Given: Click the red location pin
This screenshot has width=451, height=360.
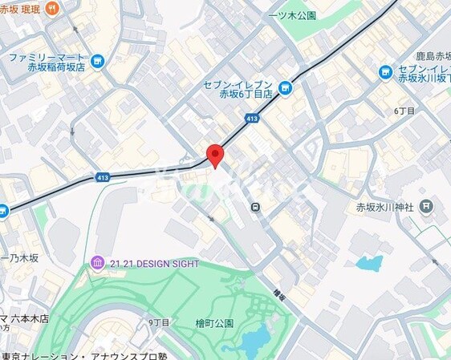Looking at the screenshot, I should point(214,155).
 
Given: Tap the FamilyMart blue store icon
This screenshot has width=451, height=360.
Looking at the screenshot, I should point(97,62).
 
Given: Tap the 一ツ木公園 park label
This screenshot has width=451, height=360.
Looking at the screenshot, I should point(294,15).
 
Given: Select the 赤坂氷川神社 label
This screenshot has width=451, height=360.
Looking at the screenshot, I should point(384,207).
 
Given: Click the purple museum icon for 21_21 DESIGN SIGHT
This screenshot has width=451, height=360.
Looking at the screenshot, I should point(97,263).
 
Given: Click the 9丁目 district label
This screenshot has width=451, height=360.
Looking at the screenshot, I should point(159,322).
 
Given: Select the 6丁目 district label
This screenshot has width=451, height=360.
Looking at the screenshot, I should point(404,110).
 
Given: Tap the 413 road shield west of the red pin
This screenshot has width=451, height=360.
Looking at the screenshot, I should point(102,176).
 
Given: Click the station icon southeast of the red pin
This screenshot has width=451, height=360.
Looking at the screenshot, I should point(254,207).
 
